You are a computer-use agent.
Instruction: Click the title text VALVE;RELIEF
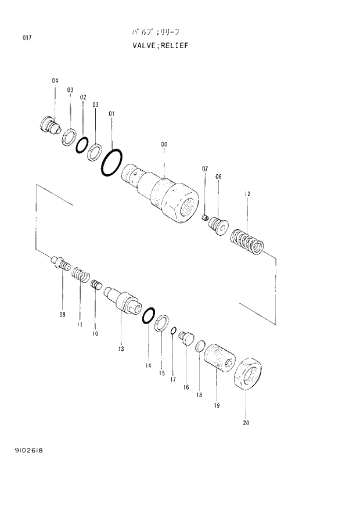(160, 45)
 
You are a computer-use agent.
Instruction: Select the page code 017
(27, 38)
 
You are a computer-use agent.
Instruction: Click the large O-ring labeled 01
(111, 162)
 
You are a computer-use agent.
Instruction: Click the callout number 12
(247, 193)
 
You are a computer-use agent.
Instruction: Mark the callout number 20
(246, 423)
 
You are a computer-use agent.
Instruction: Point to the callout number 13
(121, 348)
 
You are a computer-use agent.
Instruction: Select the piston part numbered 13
(124, 300)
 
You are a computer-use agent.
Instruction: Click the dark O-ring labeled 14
(148, 315)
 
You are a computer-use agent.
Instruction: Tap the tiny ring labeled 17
(173, 331)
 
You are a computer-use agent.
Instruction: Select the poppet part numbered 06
(219, 224)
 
